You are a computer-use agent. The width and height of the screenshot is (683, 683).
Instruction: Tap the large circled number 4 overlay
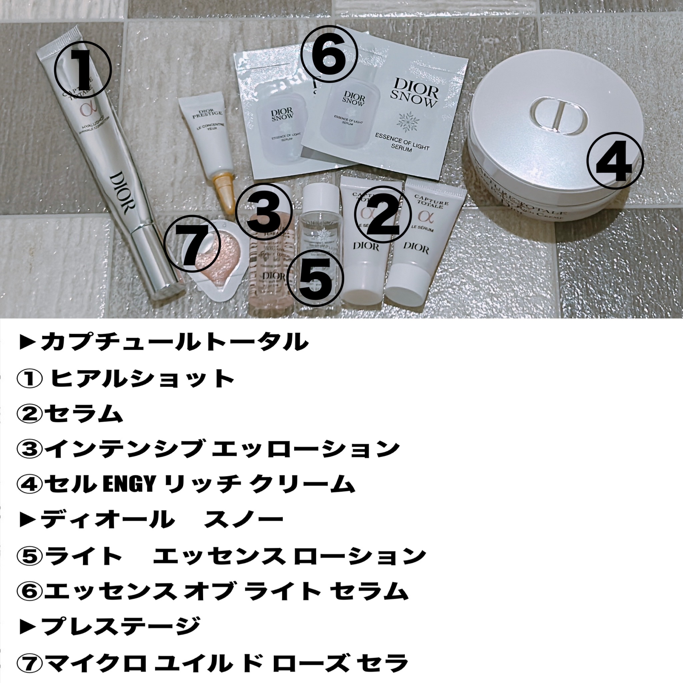click(x=615, y=161)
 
